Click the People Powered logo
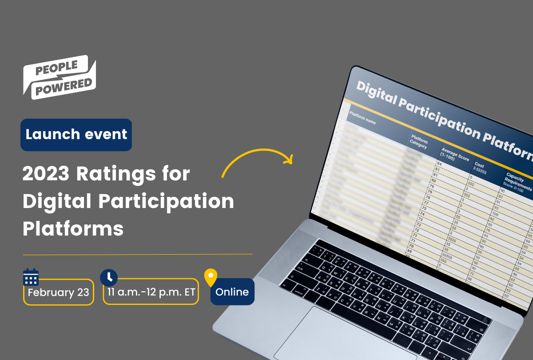(59, 77)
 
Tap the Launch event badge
(76, 135)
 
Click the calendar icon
(31, 277)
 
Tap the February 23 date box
(58, 292)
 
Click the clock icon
(109, 277)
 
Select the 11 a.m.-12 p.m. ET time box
(151, 292)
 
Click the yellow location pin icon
(211, 277)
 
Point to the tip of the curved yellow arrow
(292, 159)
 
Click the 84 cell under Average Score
(439, 164)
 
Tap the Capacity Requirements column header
(517, 183)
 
